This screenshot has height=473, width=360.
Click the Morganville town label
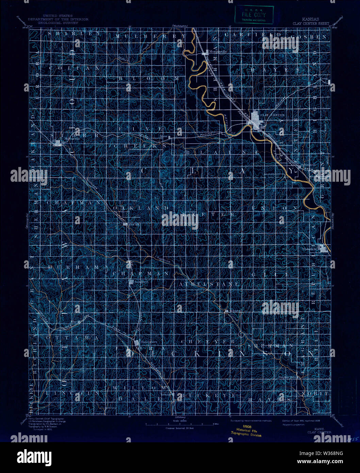click(218, 51)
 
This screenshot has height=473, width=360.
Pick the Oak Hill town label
click(134, 224)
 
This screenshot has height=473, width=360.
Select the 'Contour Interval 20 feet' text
click(179, 428)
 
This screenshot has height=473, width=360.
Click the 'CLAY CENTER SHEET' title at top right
click(311, 24)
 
